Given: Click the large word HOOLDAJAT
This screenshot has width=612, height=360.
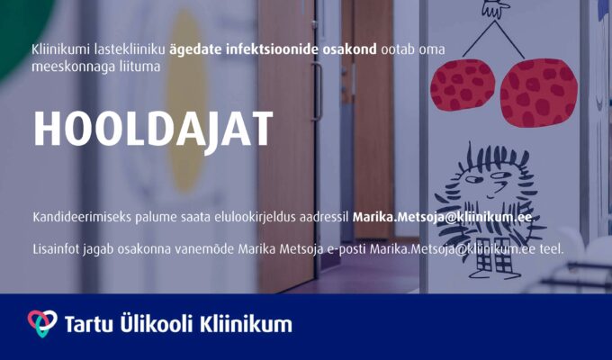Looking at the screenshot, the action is point(153,130).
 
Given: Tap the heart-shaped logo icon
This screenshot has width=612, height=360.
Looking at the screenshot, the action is point(42,323).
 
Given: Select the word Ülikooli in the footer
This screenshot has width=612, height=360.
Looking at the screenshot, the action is point(156,323).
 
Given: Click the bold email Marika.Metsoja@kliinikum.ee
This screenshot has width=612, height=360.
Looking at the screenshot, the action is point(442,217).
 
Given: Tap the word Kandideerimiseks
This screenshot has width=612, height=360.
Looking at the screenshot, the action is point(82,217).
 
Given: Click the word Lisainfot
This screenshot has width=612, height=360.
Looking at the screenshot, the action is point(56,248).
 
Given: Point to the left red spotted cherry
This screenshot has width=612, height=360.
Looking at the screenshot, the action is point(462,85).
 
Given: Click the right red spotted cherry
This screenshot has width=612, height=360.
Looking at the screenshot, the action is point(538,93).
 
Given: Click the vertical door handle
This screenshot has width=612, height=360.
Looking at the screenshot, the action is point(318,92).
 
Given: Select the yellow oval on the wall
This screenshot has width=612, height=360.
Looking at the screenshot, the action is point(186,102).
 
